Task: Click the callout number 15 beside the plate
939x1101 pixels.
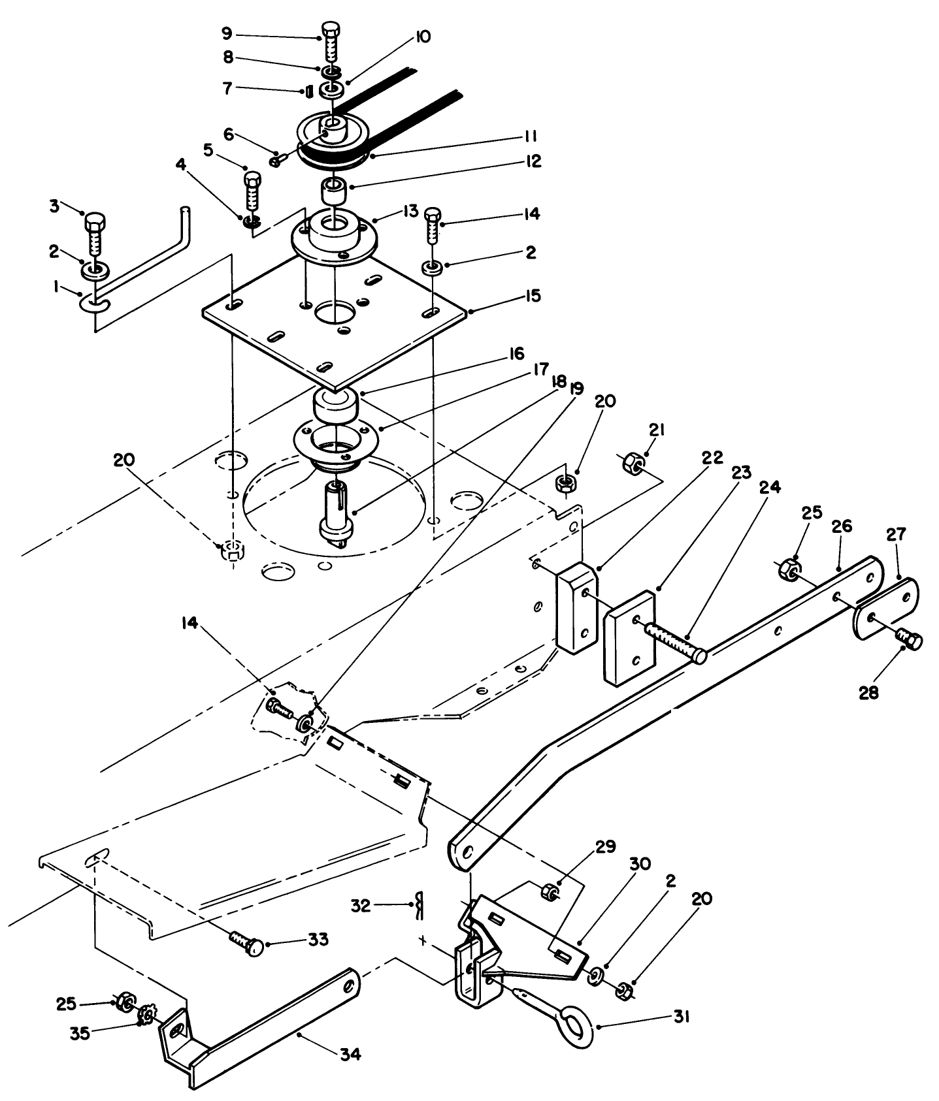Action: point(533,296)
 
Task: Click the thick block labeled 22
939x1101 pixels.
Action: point(576,607)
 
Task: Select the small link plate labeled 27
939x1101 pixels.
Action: point(886,607)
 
